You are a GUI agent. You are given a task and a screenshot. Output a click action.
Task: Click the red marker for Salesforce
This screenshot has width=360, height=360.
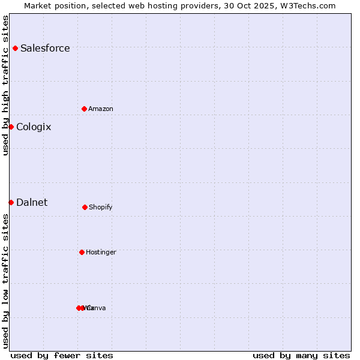(x=15, y=48)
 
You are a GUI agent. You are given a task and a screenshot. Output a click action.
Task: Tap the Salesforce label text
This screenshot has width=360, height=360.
(x=45, y=48)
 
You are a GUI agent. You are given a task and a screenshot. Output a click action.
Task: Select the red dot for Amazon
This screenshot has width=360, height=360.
(x=84, y=109)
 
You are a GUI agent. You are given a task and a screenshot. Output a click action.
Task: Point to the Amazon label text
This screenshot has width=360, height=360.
(x=101, y=109)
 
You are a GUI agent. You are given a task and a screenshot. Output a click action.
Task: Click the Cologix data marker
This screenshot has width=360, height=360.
(x=11, y=127)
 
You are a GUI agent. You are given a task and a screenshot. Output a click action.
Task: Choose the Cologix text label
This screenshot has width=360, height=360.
(x=34, y=127)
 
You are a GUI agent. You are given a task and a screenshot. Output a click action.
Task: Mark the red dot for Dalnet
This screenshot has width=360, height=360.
(x=11, y=202)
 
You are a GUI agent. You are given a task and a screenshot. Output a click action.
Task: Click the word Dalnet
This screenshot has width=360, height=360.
(x=32, y=202)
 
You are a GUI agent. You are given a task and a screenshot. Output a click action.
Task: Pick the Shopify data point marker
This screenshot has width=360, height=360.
(x=85, y=207)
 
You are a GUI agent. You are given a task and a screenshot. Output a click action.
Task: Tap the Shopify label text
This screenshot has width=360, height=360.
(x=101, y=207)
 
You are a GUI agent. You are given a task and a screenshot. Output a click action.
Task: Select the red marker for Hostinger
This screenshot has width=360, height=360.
(x=82, y=252)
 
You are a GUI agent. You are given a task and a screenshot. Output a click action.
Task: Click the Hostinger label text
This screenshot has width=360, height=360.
(x=101, y=252)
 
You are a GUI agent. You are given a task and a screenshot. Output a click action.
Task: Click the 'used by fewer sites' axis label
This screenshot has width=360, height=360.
(x=62, y=355)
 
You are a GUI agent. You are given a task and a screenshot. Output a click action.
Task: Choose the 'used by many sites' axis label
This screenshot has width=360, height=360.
(x=301, y=355)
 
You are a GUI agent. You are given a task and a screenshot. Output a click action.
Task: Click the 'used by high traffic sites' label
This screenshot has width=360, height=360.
(x=5, y=85)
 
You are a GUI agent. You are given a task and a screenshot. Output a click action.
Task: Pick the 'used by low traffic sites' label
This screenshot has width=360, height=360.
(x=5, y=281)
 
